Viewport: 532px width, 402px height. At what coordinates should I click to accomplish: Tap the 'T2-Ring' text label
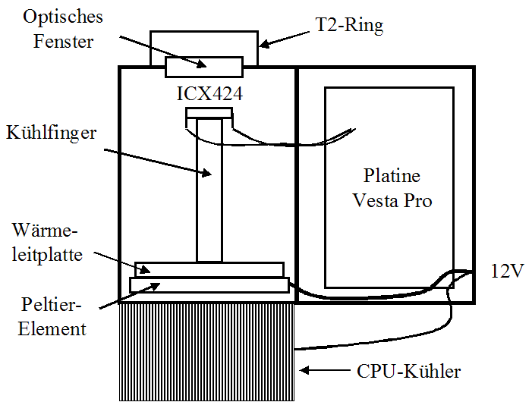tap(348, 26)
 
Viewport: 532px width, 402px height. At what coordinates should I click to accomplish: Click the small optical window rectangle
tap(204, 67)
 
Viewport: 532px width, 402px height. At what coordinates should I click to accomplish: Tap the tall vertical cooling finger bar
tap(209, 190)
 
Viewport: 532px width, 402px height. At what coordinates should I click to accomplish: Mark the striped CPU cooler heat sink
tap(207, 349)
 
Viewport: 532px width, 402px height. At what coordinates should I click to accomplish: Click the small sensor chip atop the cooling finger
tap(209, 114)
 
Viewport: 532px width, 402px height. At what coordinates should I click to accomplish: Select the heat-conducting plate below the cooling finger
tap(209, 269)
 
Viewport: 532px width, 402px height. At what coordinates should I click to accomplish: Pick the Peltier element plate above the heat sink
tap(209, 284)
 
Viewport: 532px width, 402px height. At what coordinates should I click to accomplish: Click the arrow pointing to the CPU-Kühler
tap(326, 371)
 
